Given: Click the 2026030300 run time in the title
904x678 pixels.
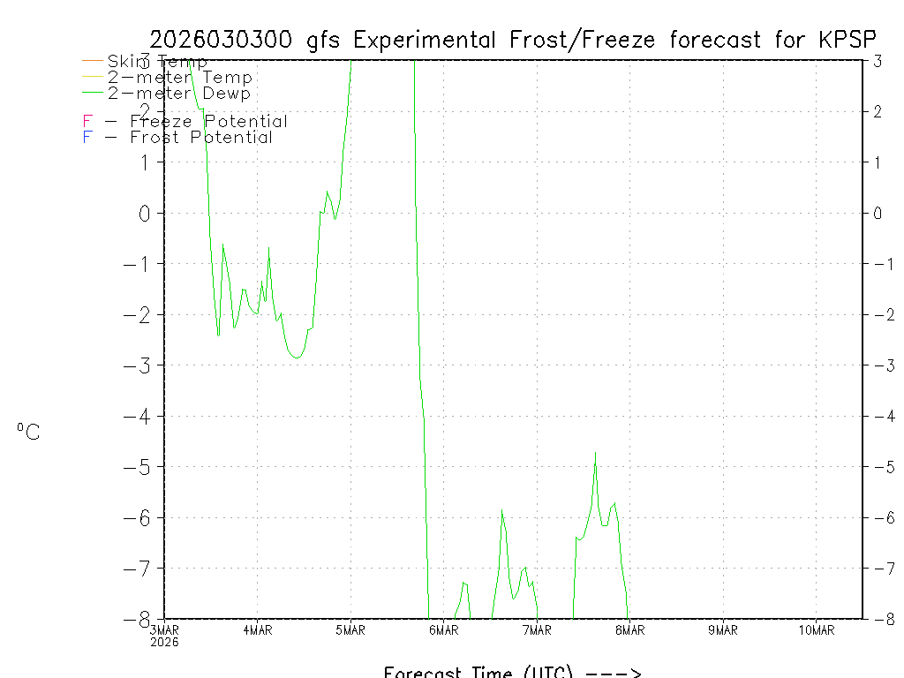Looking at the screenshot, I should [224, 40].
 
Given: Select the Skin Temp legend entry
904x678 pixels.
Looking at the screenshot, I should [157, 62].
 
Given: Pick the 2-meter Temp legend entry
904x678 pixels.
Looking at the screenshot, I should [179, 78].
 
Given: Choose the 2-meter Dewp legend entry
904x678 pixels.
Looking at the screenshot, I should [178, 94].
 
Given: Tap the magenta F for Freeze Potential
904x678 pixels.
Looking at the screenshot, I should [87, 122].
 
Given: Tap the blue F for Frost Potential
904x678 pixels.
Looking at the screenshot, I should [87, 138].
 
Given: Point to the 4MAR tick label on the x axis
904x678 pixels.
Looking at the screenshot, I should [258, 630].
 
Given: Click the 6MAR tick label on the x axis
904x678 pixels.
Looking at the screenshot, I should [444, 630].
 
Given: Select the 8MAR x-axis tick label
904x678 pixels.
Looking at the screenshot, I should [630, 630].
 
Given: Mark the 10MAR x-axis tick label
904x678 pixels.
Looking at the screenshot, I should [817, 630].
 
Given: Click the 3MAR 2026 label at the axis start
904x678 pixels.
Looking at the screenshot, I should [164, 636].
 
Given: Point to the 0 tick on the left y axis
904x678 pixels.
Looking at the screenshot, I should [147, 214].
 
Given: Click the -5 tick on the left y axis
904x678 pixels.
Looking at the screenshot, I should [141, 467].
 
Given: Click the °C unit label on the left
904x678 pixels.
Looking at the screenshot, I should [28, 433].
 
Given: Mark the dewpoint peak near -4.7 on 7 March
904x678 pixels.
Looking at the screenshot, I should [596, 452].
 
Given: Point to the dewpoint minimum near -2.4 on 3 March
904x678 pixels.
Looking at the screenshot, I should [218, 335].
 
